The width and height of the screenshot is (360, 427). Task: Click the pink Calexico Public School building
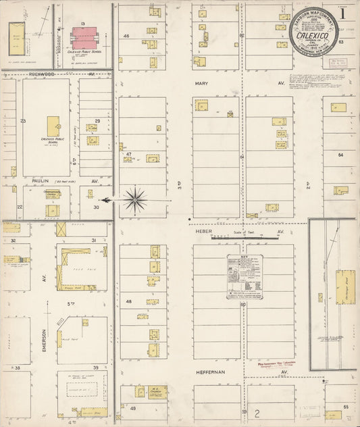(84, 38)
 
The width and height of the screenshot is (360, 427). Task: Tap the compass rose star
(135, 199)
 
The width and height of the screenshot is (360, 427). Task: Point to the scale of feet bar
(230, 238)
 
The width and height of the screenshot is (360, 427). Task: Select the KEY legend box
(243, 277)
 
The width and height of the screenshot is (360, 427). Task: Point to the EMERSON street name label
(45, 338)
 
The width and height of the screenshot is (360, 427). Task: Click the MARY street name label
(201, 84)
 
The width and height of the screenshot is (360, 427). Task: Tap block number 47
(127, 155)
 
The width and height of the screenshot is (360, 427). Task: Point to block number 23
(23, 121)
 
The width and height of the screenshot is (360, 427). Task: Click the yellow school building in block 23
(53, 126)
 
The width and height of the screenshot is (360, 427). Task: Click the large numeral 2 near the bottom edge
(257, 413)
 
